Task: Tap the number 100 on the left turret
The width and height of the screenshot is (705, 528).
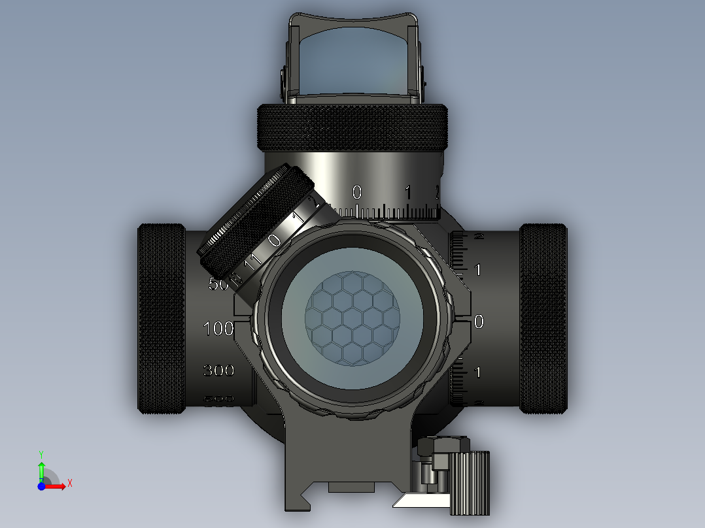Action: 218,329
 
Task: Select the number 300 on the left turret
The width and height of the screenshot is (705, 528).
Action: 218,371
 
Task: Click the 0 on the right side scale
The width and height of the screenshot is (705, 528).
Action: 479,321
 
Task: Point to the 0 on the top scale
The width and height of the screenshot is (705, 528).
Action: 356,192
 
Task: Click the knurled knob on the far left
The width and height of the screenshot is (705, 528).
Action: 161,319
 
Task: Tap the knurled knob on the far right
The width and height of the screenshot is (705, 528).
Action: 543,319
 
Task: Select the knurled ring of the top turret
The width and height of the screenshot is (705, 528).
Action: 352,127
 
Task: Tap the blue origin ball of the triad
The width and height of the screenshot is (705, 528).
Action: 41,486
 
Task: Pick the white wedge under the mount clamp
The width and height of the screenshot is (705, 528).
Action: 422,501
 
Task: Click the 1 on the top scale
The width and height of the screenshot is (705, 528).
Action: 407,192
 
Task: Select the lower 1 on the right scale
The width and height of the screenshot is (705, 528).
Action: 479,372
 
